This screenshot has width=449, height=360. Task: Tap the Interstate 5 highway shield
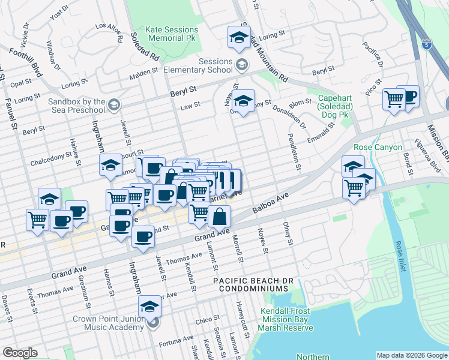(x=427, y=44)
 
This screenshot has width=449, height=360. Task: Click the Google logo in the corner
(x=20, y=353)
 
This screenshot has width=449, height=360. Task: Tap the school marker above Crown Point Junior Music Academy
(x=149, y=307)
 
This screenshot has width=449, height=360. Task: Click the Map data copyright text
(x=411, y=355)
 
